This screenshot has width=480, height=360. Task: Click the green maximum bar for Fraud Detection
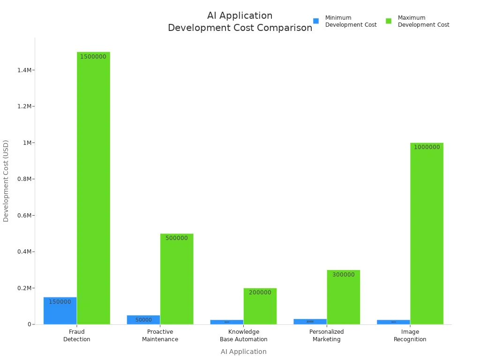[x=93, y=187]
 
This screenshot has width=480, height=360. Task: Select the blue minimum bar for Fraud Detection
[x=60, y=311]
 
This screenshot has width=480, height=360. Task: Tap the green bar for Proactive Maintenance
[x=177, y=279]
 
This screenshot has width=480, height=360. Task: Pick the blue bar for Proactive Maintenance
[x=143, y=320]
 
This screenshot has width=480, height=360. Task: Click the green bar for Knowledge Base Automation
[x=260, y=306]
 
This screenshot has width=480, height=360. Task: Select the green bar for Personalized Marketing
[x=344, y=297]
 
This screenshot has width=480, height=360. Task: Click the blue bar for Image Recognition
[x=393, y=322]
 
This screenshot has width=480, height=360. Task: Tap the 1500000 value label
[x=93, y=57]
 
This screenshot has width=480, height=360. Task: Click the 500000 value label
[x=177, y=238]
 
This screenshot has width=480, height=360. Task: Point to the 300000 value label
[x=344, y=275]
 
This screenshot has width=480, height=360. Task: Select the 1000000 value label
[x=427, y=147]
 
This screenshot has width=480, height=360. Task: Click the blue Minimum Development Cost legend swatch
[x=316, y=21]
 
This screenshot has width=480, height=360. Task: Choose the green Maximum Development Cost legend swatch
[x=389, y=21]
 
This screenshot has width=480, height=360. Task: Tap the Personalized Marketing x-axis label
[x=327, y=336]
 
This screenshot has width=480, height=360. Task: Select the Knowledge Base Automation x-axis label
[x=244, y=336]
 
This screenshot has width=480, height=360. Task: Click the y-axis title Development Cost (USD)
[x=6, y=180]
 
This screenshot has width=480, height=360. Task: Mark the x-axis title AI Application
[x=244, y=352]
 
